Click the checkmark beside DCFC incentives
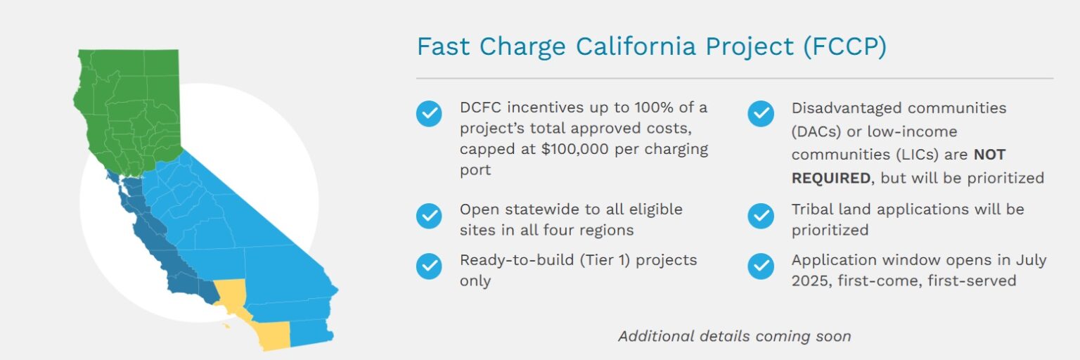click(x=429, y=113)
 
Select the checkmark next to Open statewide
click(x=429, y=215)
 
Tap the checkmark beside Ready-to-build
click(x=429, y=266)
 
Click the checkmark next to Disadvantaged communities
click(x=760, y=113)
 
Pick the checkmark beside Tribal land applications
click(x=760, y=215)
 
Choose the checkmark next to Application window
click(x=760, y=266)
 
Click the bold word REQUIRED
click(x=830, y=178)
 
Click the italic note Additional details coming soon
click(x=734, y=336)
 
